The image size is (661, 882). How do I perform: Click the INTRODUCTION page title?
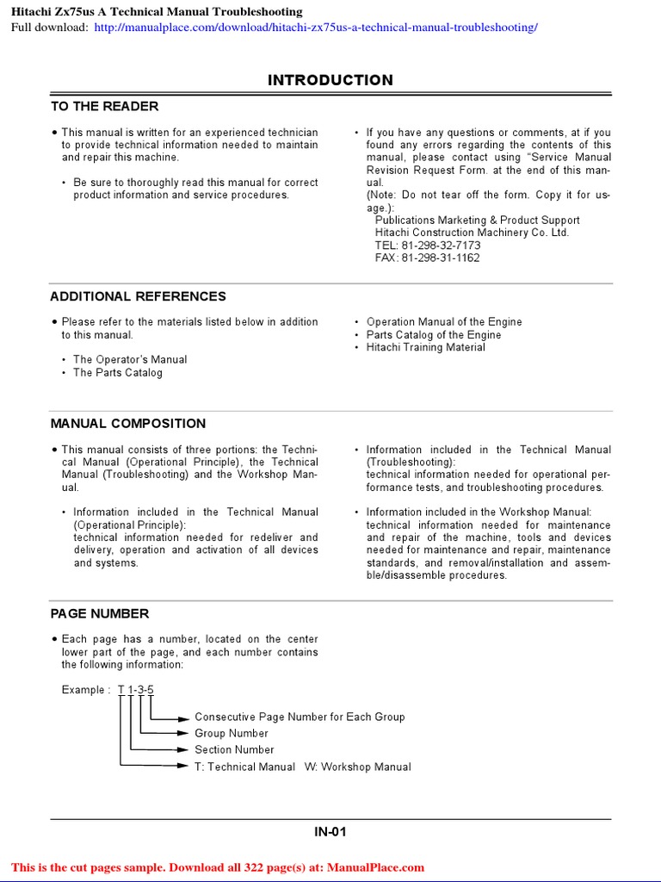(330, 80)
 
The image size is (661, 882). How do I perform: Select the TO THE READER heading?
(104, 106)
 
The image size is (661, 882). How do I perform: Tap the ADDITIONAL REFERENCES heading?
(138, 296)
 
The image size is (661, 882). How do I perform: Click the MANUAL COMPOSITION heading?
(127, 424)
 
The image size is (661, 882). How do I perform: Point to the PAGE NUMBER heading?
(99, 613)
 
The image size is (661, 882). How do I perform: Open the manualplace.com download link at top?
(315, 27)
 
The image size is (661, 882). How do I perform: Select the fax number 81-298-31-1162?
(428, 258)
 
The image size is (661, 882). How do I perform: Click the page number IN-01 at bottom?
(330, 832)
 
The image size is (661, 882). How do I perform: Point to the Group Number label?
(231, 733)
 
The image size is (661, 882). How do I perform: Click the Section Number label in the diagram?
(234, 749)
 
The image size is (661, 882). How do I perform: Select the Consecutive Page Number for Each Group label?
(300, 717)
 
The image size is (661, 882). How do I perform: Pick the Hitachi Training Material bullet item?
(425, 347)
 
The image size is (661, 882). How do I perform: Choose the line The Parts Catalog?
(117, 373)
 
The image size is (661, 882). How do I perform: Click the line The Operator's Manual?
(129, 359)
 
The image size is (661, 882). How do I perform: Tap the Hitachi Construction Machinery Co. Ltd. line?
(472, 233)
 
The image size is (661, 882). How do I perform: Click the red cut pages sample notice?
(218, 867)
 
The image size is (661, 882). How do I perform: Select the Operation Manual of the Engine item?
(443, 322)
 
